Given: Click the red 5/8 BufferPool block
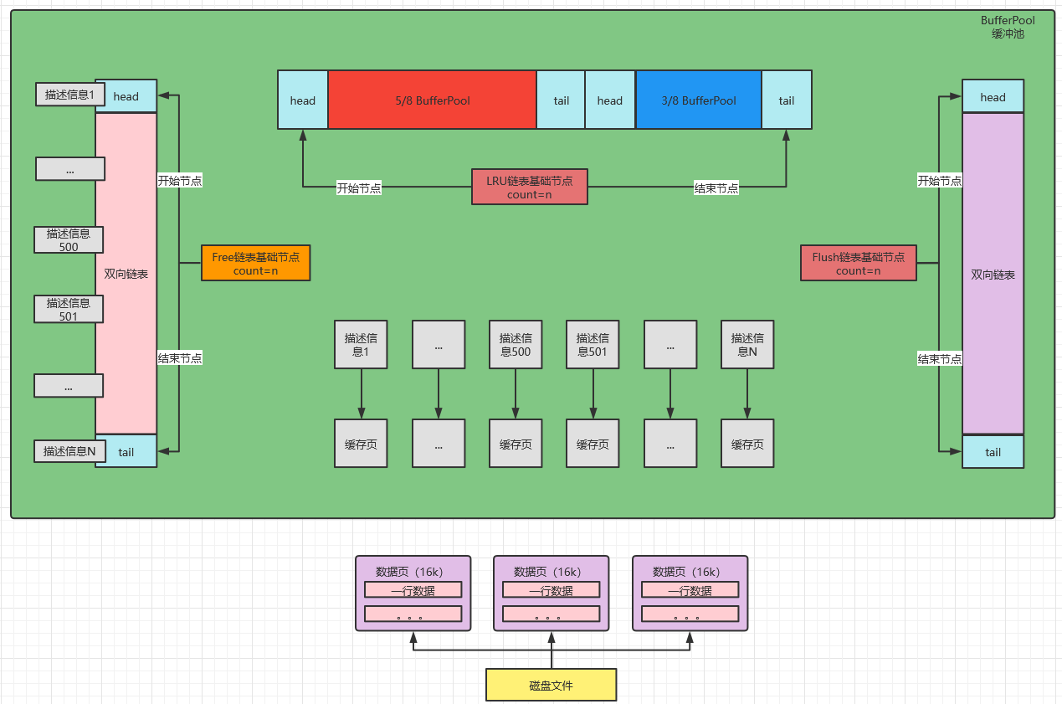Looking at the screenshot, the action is point(432,100).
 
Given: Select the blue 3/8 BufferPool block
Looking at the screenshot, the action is point(698,100).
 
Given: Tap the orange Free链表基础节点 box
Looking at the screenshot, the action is point(255,263).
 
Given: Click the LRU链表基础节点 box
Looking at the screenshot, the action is point(530,187).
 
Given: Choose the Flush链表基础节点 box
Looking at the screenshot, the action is point(858,263).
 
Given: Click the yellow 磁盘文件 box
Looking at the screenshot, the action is point(551,685).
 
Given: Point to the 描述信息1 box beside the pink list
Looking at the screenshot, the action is point(69,95).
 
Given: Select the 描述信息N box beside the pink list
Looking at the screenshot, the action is point(69,451).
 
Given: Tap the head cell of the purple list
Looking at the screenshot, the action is point(993,96).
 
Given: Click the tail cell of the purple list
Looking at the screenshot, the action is point(993,452).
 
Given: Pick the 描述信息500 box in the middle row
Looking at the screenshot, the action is point(516,345).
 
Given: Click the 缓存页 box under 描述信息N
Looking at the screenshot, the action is point(747,444).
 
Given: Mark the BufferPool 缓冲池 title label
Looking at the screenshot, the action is point(1008,27).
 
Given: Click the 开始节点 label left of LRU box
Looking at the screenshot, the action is point(359,188).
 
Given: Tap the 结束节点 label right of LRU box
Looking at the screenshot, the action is point(716,188).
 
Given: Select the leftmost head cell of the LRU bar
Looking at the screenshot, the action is point(302,100).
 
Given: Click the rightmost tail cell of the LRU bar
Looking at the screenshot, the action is point(787,100).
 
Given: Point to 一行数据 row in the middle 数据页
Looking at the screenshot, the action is point(551,590).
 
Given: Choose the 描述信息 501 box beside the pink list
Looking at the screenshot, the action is point(69,309).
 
